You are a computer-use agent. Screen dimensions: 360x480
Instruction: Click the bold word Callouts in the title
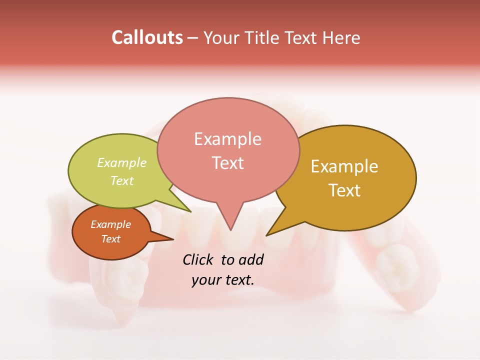pyautogui.click(x=147, y=37)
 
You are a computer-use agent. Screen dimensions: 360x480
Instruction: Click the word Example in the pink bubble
pyautogui.click(x=227, y=139)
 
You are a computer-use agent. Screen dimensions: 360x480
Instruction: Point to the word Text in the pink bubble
pyautogui.click(x=227, y=163)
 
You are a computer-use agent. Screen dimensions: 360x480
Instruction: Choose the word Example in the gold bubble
pyautogui.click(x=344, y=166)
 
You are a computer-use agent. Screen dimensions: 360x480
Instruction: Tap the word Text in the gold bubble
pyautogui.click(x=345, y=190)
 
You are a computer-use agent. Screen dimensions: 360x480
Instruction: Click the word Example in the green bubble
pyautogui.click(x=122, y=163)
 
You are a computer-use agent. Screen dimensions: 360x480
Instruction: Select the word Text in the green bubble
pyautogui.click(x=122, y=180)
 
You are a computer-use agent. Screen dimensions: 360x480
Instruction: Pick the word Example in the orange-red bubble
pyautogui.click(x=110, y=224)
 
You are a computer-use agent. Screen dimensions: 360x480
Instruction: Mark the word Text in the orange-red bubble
pyautogui.click(x=110, y=239)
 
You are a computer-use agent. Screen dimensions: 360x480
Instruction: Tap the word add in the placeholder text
pyautogui.click(x=251, y=259)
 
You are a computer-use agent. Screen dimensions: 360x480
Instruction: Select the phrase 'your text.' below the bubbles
pyautogui.click(x=222, y=280)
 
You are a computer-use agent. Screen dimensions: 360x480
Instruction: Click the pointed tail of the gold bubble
pyautogui.click(x=268, y=234)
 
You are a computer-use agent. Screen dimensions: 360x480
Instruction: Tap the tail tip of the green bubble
pyautogui.click(x=190, y=211)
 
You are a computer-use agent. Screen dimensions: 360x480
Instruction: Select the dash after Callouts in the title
pyautogui.click(x=193, y=38)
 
